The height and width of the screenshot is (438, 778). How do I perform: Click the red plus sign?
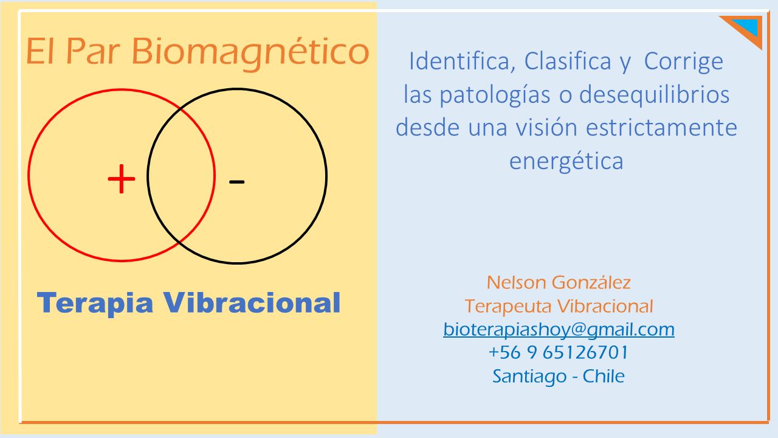pyautogui.click(x=121, y=179)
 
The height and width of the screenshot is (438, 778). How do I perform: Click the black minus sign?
pyautogui.click(x=237, y=182)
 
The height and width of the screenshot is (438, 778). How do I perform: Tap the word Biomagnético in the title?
pyautogui.click(x=250, y=53)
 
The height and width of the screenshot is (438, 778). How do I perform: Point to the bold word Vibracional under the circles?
pyautogui.click(x=252, y=302)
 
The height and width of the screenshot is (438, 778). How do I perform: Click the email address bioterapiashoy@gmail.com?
pyautogui.click(x=559, y=330)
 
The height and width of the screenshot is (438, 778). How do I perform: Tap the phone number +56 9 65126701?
pyautogui.click(x=559, y=352)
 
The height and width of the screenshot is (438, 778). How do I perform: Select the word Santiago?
pyautogui.click(x=529, y=377)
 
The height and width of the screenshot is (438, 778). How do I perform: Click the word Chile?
pyautogui.click(x=604, y=376)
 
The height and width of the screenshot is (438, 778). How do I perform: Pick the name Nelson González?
pyautogui.click(x=559, y=282)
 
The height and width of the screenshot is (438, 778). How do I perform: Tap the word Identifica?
pyautogui.click(x=460, y=61)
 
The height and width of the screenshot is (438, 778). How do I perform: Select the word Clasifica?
pyautogui.click(x=568, y=61)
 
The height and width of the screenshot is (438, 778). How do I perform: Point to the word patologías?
pyautogui.click(x=495, y=96)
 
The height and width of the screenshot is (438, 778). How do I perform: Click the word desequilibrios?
pyautogui.click(x=655, y=95)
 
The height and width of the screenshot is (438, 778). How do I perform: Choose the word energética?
pyautogui.click(x=566, y=162)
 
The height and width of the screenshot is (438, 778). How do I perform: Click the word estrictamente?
pyautogui.click(x=662, y=128)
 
